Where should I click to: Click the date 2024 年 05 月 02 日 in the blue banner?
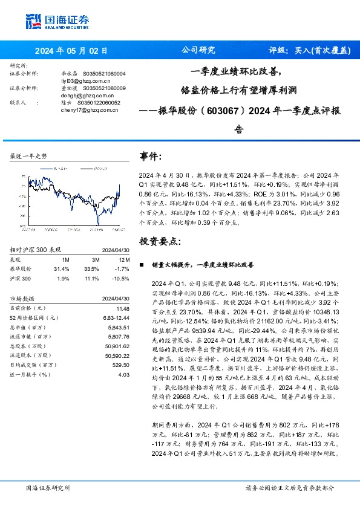pyautogui.click(x=71, y=51)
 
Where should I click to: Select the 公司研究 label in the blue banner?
pyautogui.click(x=198, y=51)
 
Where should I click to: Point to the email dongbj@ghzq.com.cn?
pyautogui.click(x=88, y=96)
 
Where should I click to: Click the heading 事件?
pyautogui.click(x=151, y=157)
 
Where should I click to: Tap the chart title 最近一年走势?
pyautogui.click(x=28, y=156)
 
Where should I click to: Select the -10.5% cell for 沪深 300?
pyautogui.click(x=122, y=277)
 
